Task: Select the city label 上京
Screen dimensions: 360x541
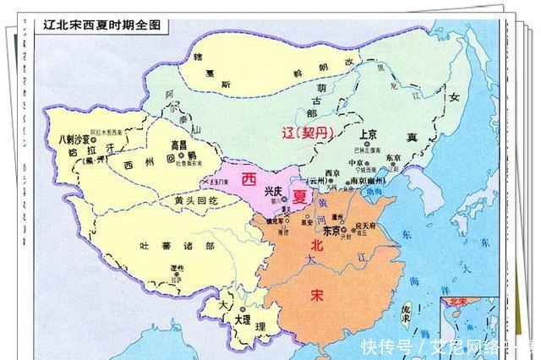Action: pyautogui.click(x=368, y=134)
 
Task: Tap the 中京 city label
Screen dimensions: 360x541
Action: pyautogui.click(x=357, y=162)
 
